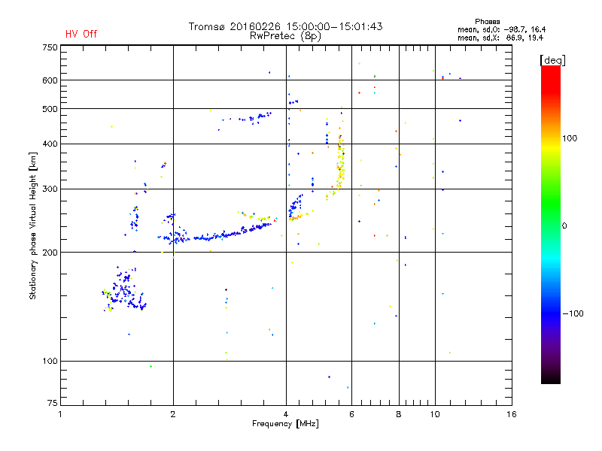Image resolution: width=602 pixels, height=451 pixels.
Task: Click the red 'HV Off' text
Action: [81, 34]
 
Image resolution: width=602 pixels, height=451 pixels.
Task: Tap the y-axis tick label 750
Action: [50, 47]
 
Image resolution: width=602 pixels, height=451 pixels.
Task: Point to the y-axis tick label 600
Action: [50, 80]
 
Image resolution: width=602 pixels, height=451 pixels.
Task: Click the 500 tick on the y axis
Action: [50, 109]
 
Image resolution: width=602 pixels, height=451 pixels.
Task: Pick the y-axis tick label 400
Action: [50, 144]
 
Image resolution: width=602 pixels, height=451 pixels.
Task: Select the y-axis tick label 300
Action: [50, 189]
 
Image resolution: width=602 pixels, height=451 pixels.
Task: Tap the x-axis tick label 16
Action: [512, 414]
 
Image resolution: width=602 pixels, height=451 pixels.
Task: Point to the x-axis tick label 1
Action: [61, 414]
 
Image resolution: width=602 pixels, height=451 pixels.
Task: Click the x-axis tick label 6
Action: [351, 414]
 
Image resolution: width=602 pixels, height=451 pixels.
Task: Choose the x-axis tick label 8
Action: [398, 414]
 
